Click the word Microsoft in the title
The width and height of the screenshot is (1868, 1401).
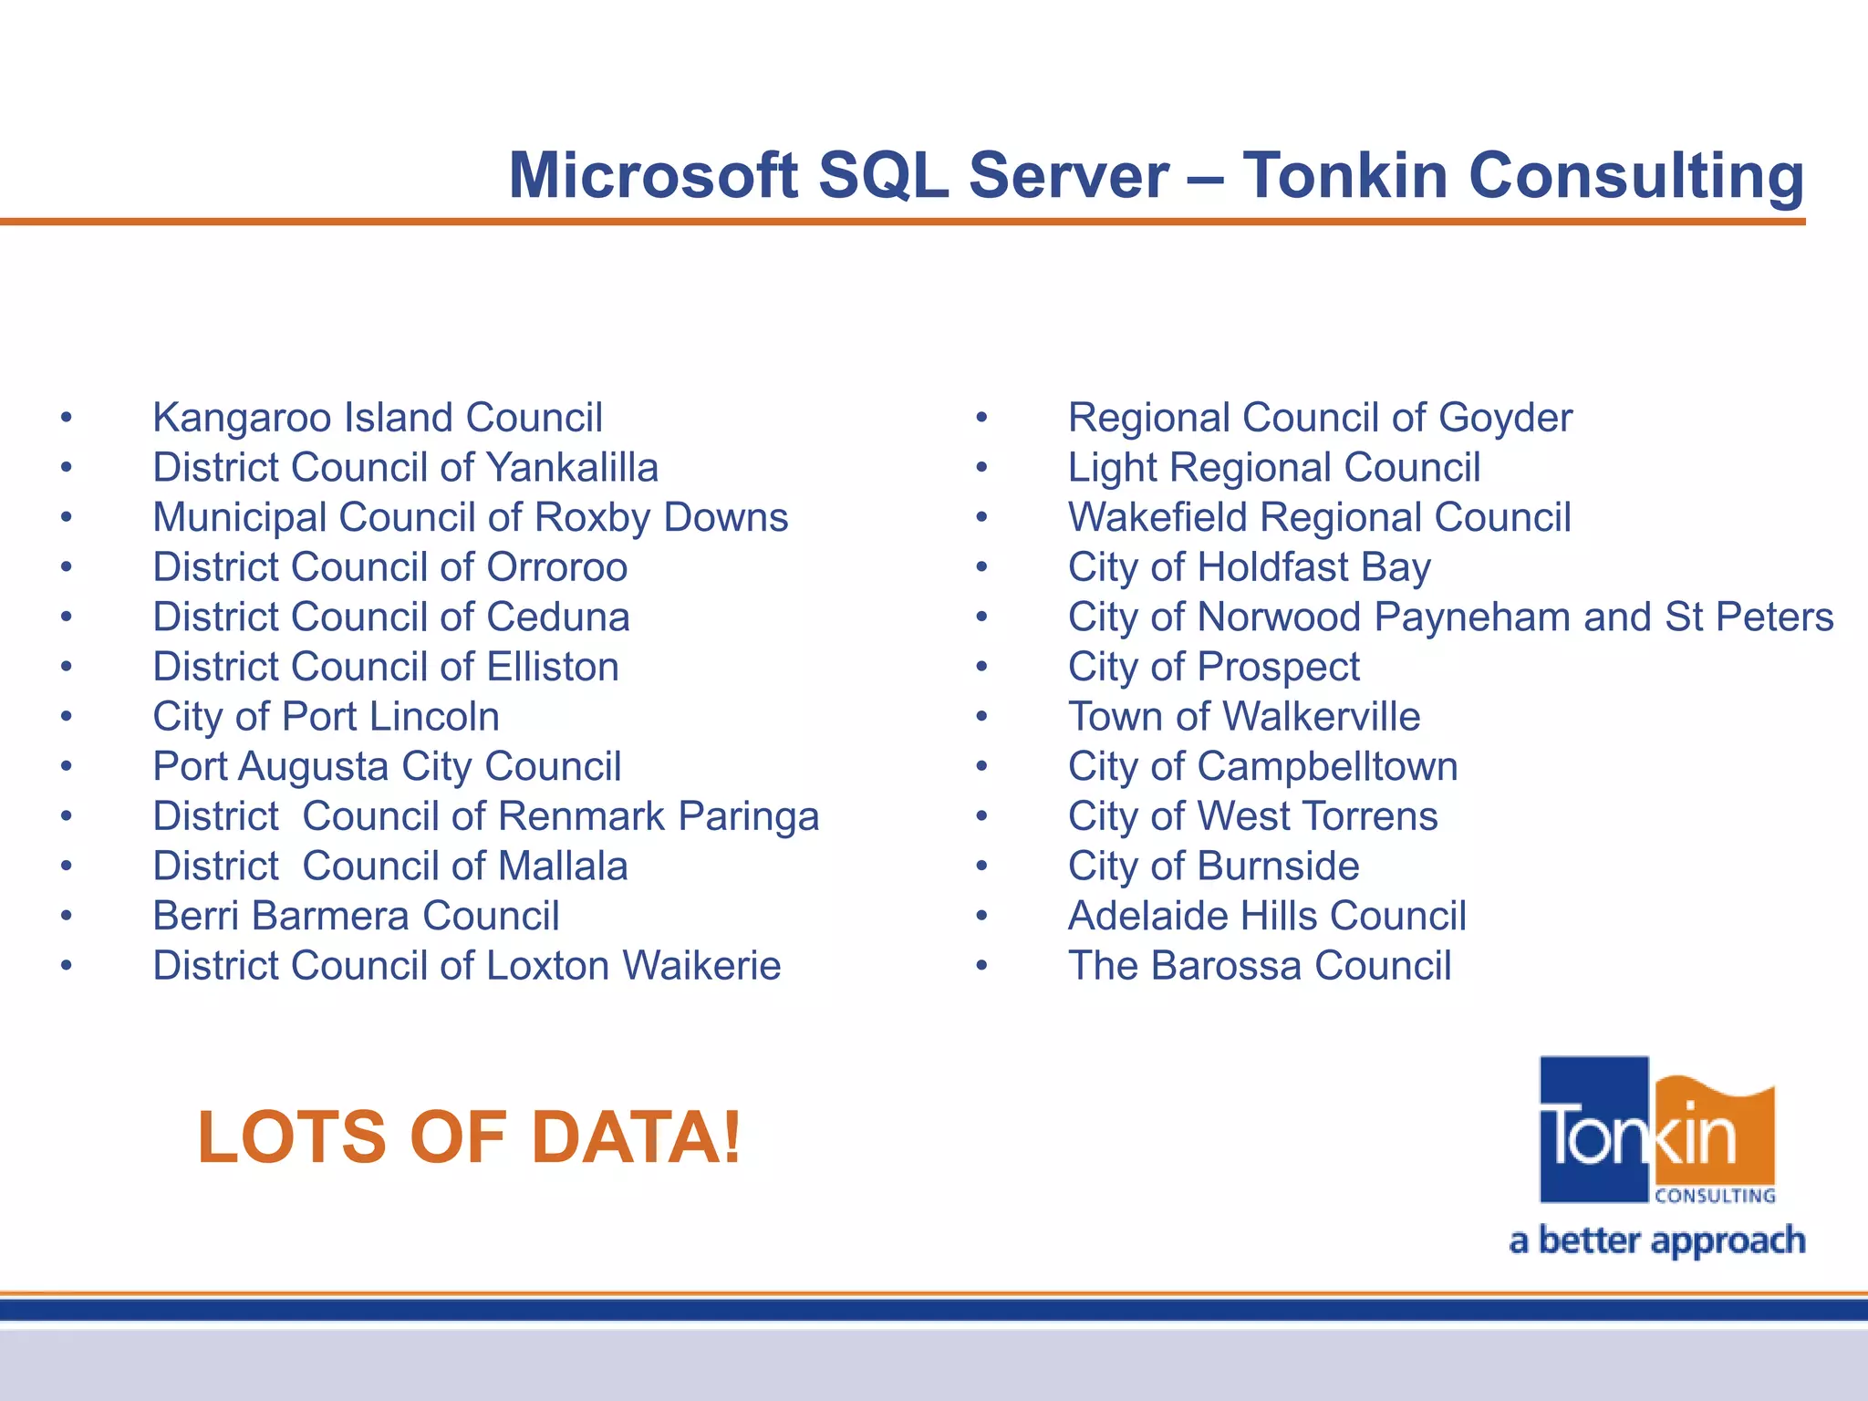click(653, 175)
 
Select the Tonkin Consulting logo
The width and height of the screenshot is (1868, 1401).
click(1656, 1131)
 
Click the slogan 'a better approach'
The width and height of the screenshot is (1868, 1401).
click(1656, 1241)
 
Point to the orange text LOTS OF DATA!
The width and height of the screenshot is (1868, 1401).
click(470, 1137)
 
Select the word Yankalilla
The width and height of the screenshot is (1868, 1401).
click(572, 468)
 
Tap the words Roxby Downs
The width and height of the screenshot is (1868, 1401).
click(661, 518)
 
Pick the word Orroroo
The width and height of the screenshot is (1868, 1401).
click(556, 567)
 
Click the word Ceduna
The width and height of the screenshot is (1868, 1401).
click(557, 617)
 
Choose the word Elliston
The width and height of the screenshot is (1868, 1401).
click(552, 667)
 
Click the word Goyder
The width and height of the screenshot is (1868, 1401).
click(1505, 419)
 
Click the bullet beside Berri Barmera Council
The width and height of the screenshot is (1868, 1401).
click(67, 916)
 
